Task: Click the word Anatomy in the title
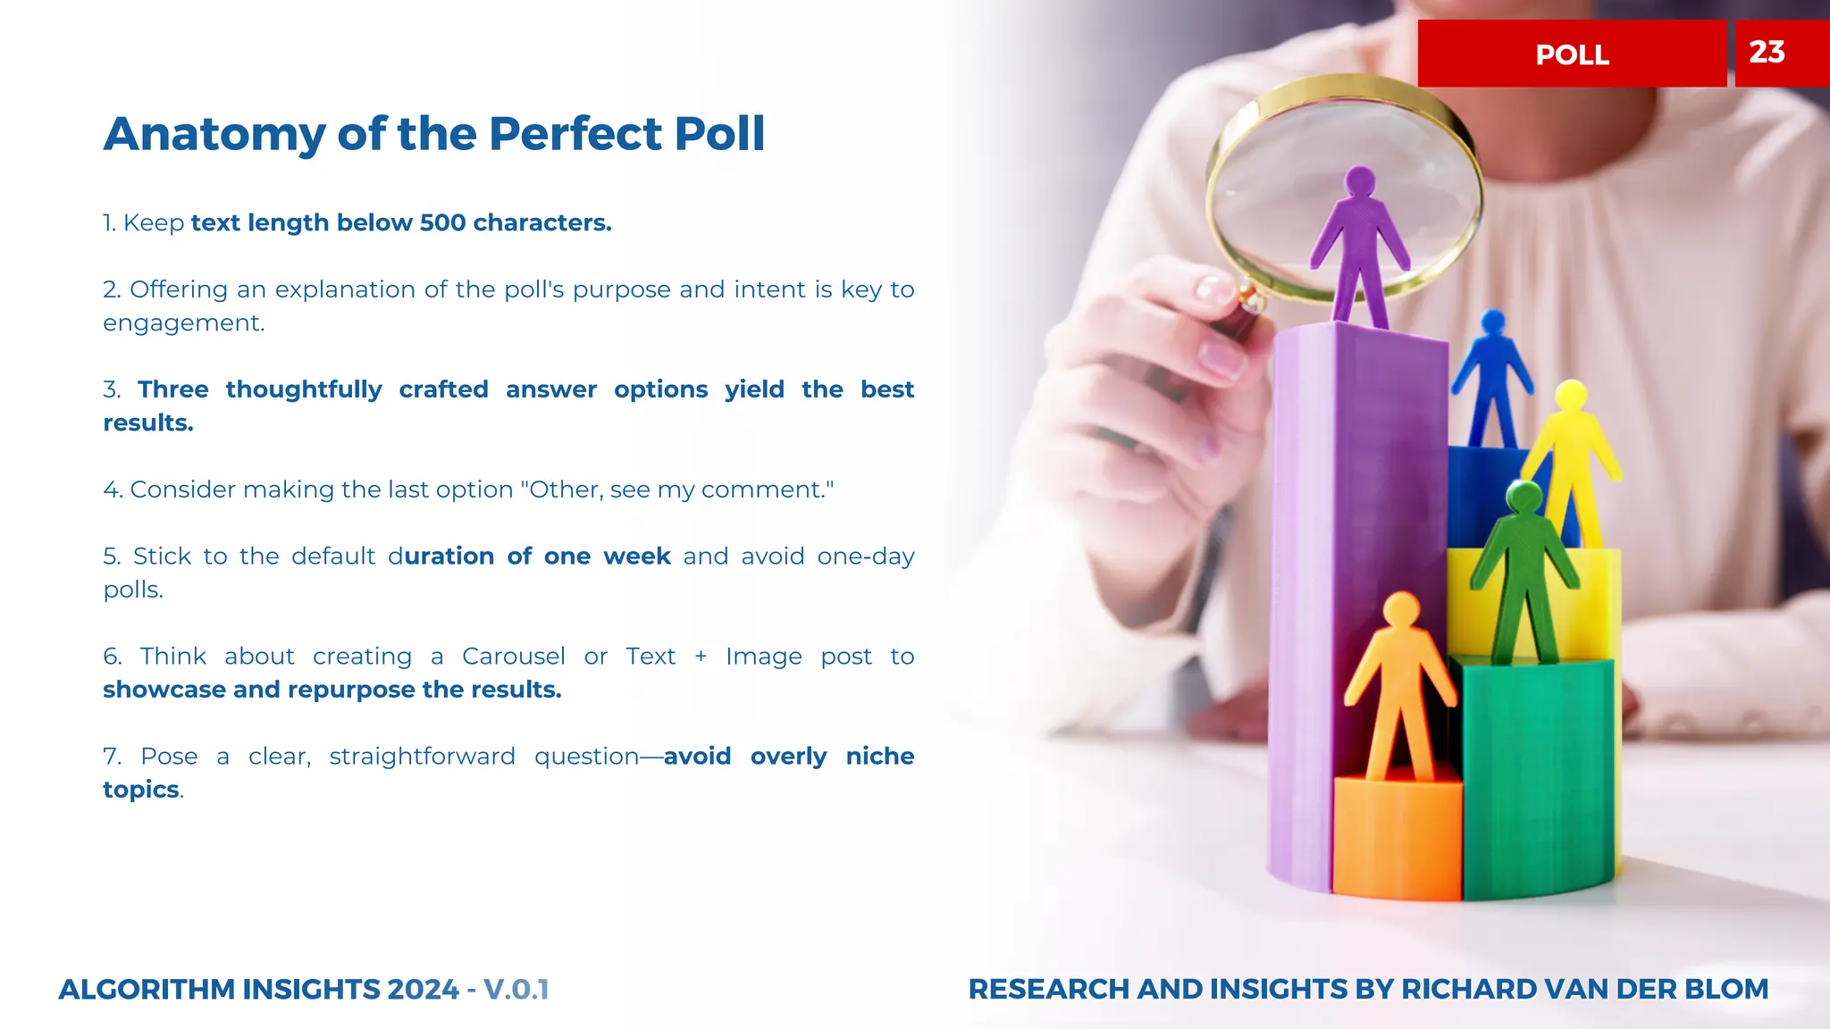pyautogui.click(x=214, y=135)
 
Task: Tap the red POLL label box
pyautogui.click(x=1572, y=54)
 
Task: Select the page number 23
pyautogui.click(x=1767, y=53)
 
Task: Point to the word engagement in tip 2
pyautogui.click(x=183, y=323)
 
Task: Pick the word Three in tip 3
pyautogui.click(x=173, y=389)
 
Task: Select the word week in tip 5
pyautogui.click(x=636, y=556)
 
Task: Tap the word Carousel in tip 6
pyautogui.click(x=514, y=657)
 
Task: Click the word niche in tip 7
pyautogui.click(x=879, y=757)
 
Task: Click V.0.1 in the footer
pyautogui.click(x=516, y=990)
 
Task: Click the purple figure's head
pyautogui.click(x=1360, y=181)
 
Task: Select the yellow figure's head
pyautogui.click(x=1570, y=395)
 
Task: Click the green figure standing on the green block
pyautogui.click(x=1524, y=572)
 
